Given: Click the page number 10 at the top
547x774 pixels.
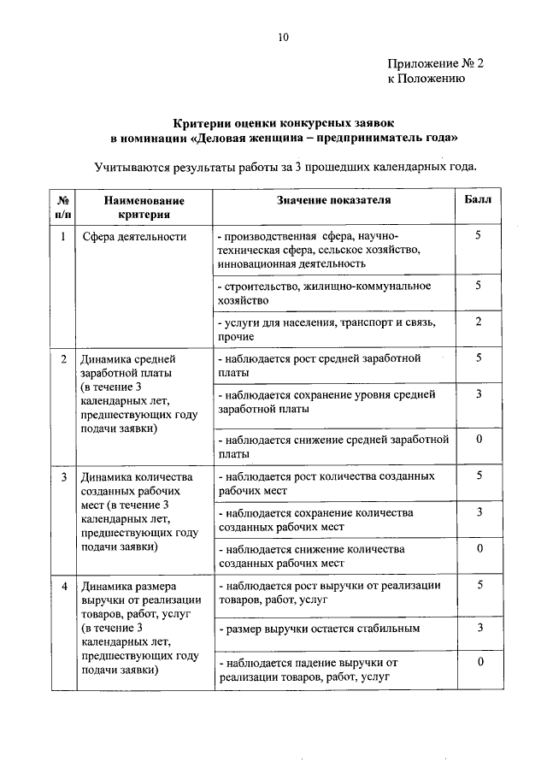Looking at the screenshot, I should [x=284, y=37].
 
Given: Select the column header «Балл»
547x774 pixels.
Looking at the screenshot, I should [x=479, y=199].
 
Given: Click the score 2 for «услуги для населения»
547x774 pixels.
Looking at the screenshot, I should [x=479, y=322].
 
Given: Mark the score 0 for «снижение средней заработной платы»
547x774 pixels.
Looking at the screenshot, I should [x=479, y=440].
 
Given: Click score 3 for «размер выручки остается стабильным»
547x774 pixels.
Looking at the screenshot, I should [x=479, y=629].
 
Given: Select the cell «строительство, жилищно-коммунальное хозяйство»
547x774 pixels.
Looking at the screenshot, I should [x=324, y=292].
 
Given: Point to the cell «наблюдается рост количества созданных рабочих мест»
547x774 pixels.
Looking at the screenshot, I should [x=326, y=482].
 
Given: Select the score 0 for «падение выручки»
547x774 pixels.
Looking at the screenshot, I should [x=479, y=662].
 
